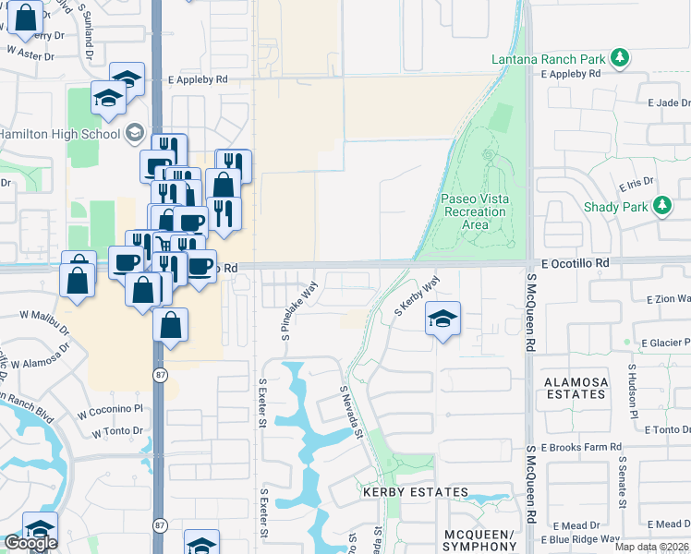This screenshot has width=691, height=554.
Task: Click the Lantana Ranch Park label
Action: coord(549,59)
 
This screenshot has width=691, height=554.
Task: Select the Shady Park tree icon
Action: coord(662,207)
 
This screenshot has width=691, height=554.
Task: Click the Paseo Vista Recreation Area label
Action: coord(475,211)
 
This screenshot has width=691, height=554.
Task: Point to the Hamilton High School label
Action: coord(59,134)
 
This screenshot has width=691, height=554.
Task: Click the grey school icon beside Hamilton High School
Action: coord(135,134)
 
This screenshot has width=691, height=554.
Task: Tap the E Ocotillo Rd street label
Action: coord(576,263)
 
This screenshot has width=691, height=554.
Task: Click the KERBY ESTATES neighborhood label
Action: coord(415,492)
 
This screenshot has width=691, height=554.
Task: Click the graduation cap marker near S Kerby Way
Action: coord(443,319)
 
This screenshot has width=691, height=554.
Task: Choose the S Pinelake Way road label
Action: coord(300,305)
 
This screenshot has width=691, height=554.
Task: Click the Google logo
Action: coord(30,543)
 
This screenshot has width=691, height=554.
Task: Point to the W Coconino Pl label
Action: coord(111,409)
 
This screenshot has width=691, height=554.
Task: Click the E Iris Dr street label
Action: coord(637,183)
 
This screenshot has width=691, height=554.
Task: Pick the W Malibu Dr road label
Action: coord(47,315)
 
